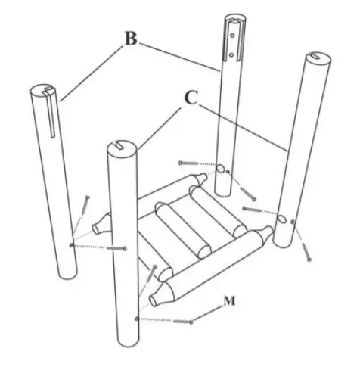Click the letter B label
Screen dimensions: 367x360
[x=130, y=40]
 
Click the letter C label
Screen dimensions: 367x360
[x=192, y=98]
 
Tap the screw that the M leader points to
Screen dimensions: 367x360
[x=185, y=322]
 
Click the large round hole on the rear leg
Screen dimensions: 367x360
[x=221, y=170]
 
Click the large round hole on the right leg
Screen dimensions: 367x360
[x=281, y=219]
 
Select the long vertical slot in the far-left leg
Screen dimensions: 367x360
[x=51, y=114]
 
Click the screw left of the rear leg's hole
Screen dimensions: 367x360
[x=192, y=163]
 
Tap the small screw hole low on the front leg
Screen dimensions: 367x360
[x=136, y=319]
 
